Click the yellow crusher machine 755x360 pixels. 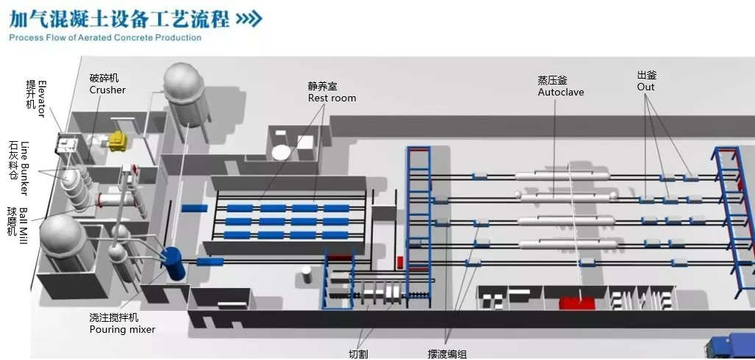coord(117,141)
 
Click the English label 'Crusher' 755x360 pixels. coord(107,90)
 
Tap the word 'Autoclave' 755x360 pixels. coord(560,93)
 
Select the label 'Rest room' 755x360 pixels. coord(332,98)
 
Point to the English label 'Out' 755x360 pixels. coord(645,87)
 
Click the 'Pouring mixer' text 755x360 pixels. coord(122,330)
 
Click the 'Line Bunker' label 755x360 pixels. coord(24,168)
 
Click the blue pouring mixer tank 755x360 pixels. coord(173,262)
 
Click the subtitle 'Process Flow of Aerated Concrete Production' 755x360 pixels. coord(105,37)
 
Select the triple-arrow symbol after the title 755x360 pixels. coord(248,18)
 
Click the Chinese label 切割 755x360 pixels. coord(358,353)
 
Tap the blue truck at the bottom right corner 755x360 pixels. coord(731,347)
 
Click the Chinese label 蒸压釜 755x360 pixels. coord(552,80)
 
